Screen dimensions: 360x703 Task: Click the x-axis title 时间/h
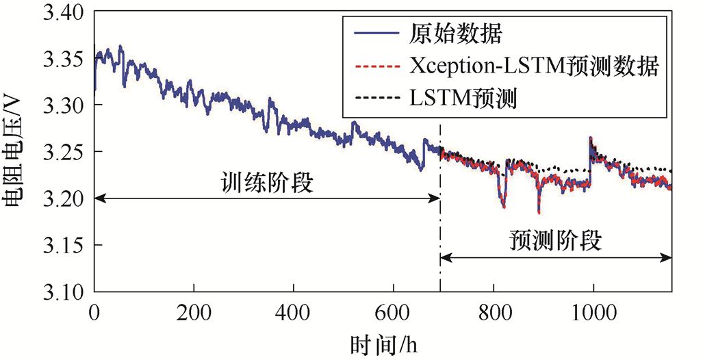[x=384, y=342]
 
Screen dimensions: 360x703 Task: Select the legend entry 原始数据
[x=457, y=31]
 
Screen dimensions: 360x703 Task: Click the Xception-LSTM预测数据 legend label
[x=534, y=66]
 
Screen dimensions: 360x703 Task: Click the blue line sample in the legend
[x=375, y=32]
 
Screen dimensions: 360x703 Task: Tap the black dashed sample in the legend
[x=375, y=101]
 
